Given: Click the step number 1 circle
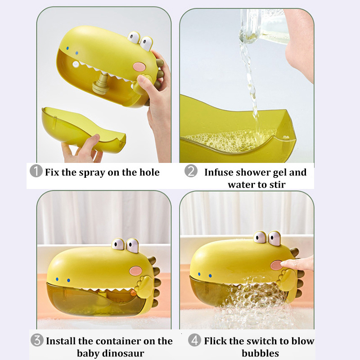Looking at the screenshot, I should pyautogui.click(x=36, y=172).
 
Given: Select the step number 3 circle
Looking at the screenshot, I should pyautogui.click(x=37, y=340).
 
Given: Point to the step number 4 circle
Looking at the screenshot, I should pyautogui.click(x=195, y=340).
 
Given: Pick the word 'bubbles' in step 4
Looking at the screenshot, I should pyautogui.click(x=260, y=353).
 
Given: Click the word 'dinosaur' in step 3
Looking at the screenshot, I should pyautogui.click(x=124, y=353).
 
